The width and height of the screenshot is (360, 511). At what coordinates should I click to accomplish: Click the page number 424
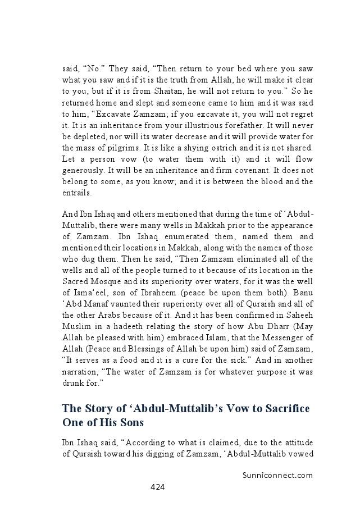[x=157, y=487]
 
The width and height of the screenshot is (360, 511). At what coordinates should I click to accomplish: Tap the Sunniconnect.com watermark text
[x=277, y=474]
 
